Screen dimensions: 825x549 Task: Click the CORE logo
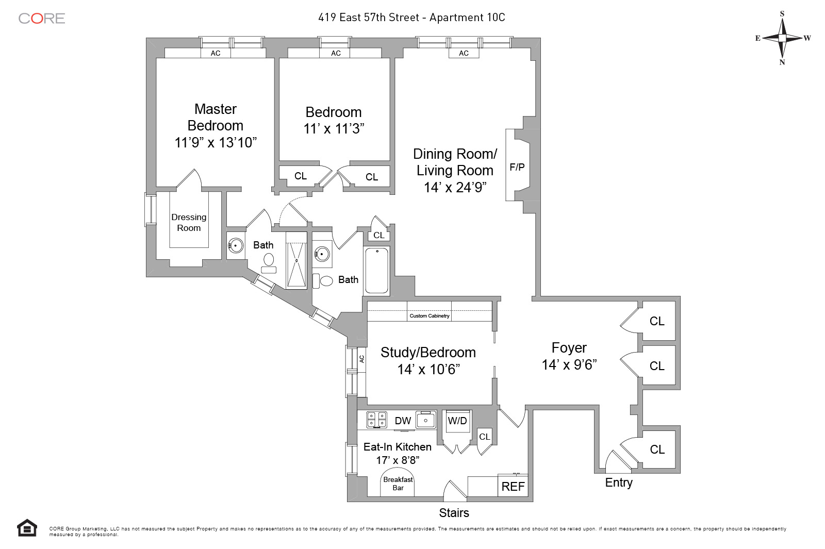pos(42,19)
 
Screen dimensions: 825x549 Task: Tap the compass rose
pos(782,38)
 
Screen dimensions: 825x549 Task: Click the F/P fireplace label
pos(517,167)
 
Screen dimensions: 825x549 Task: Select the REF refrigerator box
pos(513,486)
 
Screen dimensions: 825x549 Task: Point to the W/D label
pos(457,421)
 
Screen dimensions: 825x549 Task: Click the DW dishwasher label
pos(403,421)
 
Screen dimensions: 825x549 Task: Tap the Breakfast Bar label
pos(398,484)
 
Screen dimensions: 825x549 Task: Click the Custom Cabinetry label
pos(430,315)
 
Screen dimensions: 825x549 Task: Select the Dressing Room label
pos(189,223)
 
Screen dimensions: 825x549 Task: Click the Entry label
pos(619,483)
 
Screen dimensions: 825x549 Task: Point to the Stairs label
pos(454,513)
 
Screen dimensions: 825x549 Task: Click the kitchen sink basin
pos(426,420)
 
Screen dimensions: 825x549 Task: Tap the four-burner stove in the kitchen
pos(376,420)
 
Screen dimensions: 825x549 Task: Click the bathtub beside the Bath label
pos(377,270)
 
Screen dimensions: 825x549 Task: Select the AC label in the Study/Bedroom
pos(361,359)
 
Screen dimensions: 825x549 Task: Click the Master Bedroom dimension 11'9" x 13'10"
pos(216,142)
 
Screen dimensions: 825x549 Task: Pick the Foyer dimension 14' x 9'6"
pos(569,365)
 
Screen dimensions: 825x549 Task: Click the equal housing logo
pos(27,528)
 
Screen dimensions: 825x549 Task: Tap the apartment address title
pos(411,18)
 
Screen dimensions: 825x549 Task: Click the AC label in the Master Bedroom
pos(216,53)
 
